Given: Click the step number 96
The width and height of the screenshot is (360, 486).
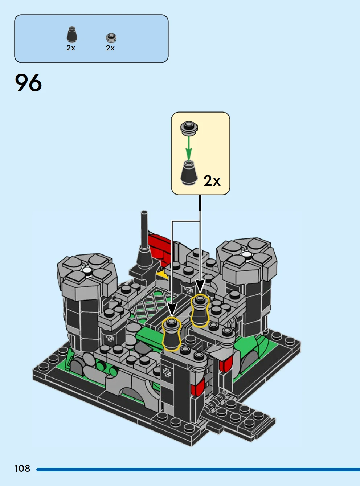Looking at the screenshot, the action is pos(28,82).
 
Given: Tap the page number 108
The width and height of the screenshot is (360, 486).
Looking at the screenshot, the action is pos(22,469).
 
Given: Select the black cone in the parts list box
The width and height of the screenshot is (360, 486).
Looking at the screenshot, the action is pos(71,34).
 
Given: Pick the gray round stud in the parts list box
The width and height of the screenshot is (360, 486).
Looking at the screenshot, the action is pos(111,38).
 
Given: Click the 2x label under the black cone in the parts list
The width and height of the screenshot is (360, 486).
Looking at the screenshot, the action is pos(71,48).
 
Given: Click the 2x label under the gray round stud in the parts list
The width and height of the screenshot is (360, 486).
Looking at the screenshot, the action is pos(110,48).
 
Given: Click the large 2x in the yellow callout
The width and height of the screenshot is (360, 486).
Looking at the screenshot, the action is pos(212,181).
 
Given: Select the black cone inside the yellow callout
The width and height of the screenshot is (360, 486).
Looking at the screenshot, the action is pos(189,173).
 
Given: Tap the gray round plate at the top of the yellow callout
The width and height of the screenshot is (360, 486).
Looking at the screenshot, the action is pos(189,128).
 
